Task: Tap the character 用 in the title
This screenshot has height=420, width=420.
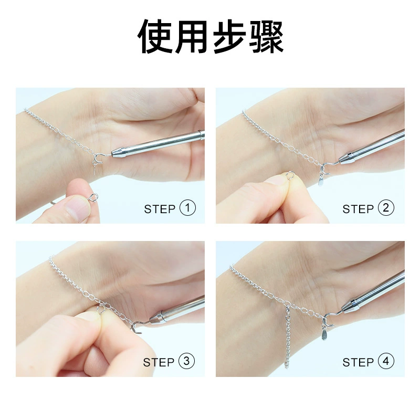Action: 192,36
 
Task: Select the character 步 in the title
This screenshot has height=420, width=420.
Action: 229,36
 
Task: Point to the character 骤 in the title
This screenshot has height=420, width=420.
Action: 266,36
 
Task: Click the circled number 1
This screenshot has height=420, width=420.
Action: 187,208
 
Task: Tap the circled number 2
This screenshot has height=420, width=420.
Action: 386,208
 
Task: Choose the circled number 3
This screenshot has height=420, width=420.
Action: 186,361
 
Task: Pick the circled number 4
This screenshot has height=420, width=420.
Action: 386,361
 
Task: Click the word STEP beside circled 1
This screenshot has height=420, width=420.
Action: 160,209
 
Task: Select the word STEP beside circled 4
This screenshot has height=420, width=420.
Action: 358,362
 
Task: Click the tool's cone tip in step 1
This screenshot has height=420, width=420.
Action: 118,153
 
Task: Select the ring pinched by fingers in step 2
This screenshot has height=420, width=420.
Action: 290,175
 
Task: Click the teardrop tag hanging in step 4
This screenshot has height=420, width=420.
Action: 324,335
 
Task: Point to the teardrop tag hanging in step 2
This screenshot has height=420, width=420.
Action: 320,180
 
